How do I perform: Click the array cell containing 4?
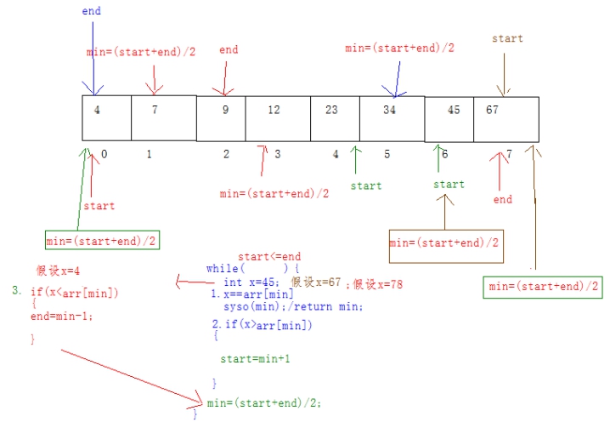point(106,118)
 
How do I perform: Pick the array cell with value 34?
point(392,118)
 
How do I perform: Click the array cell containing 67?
point(506,119)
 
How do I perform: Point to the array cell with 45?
point(449,119)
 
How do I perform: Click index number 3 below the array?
point(278,154)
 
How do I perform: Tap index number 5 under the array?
point(387,154)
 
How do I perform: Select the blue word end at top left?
point(91,11)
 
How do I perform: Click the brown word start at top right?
point(507,38)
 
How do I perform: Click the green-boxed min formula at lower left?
point(102,242)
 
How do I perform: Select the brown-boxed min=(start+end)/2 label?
point(446,243)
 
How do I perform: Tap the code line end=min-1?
point(61,316)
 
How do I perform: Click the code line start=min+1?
point(255,359)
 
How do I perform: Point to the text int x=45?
point(248,282)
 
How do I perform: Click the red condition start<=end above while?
point(269,256)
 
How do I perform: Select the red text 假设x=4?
point(58,271)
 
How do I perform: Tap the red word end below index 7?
point(503,200)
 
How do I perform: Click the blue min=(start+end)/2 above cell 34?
point(399,48)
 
